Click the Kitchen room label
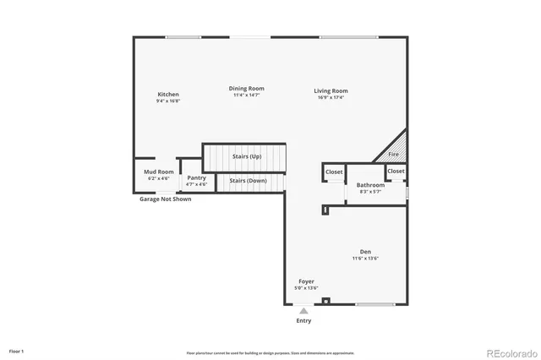(x=168, y=95)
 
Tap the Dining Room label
(x=247, y=89)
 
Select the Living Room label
(x=331, y=91)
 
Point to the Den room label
(x=365, y=252)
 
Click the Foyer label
(x=306, y=281)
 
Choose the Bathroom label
(x=370, y=185)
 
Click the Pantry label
(x=196, y=178)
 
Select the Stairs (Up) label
(x=247, y=156)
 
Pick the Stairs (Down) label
(x=249, y=181)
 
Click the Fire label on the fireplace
(x=393, y=155)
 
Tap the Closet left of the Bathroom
(x=334, y=172)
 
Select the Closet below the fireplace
(x=396, y=172)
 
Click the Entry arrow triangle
(x=303, y=311)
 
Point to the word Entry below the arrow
(x=303, y=321)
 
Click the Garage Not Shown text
(x=166, y=199)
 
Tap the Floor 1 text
(x=17, y=351)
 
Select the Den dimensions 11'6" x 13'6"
(x=365, y=259)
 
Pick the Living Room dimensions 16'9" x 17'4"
(x=331, y=98)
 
